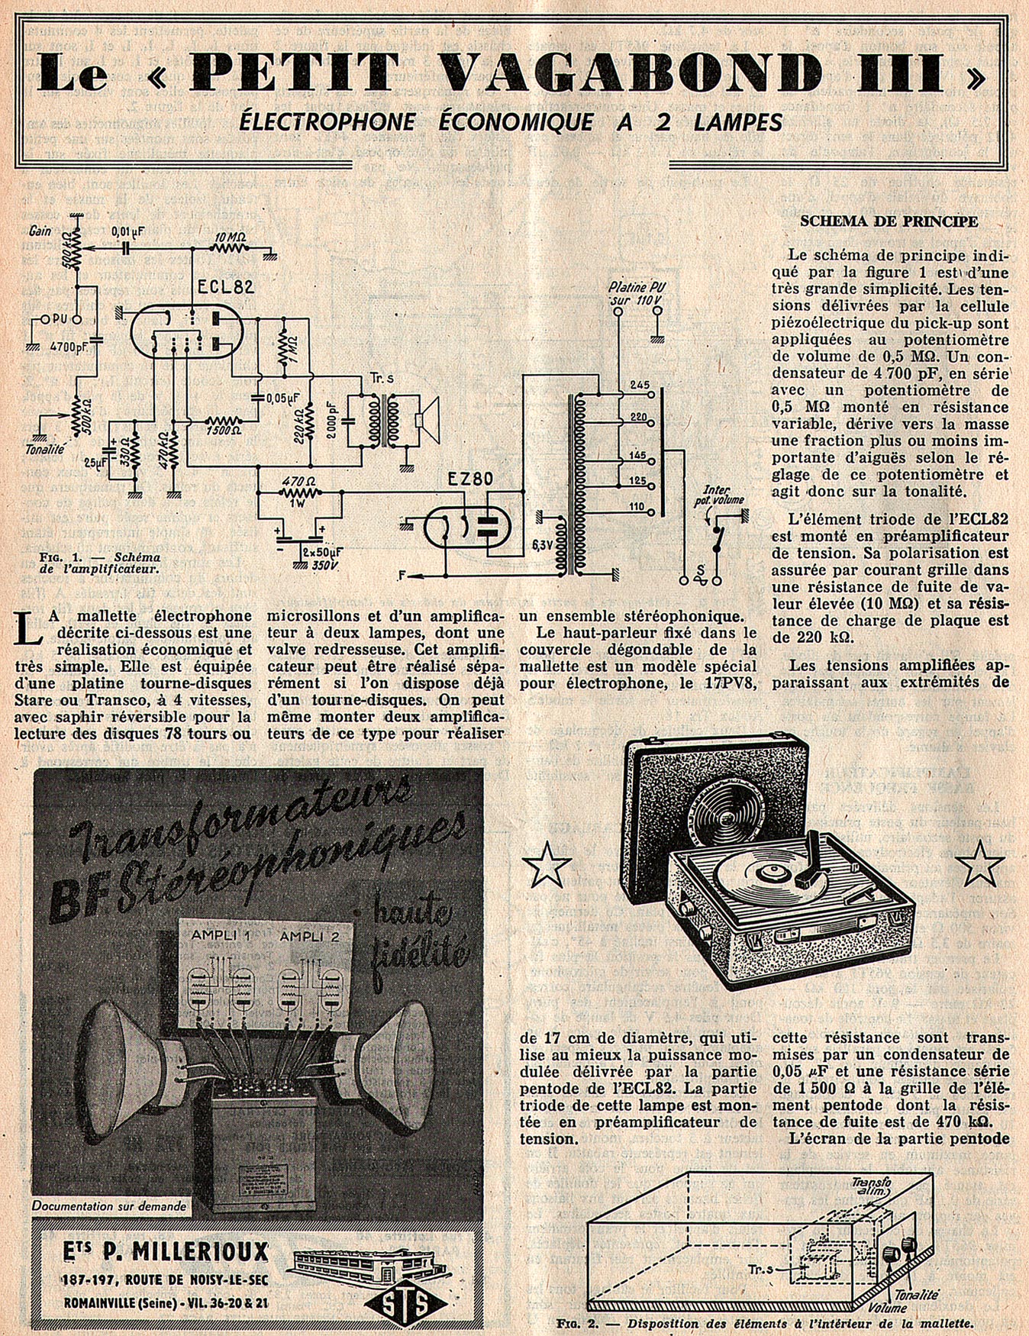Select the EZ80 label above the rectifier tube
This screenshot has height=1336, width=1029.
(469, 479)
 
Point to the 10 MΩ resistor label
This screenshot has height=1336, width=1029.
(230, 237)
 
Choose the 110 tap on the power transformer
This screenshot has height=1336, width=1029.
(637, 506)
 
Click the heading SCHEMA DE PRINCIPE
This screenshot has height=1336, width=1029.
(889, 221)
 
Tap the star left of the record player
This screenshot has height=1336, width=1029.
(547, 863)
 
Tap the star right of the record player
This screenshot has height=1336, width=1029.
(979, 863)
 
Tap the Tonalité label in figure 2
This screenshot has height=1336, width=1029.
(916, 1295)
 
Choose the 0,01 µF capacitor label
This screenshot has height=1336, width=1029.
(127, 230)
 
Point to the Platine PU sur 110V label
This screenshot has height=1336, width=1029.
(635, 294)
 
